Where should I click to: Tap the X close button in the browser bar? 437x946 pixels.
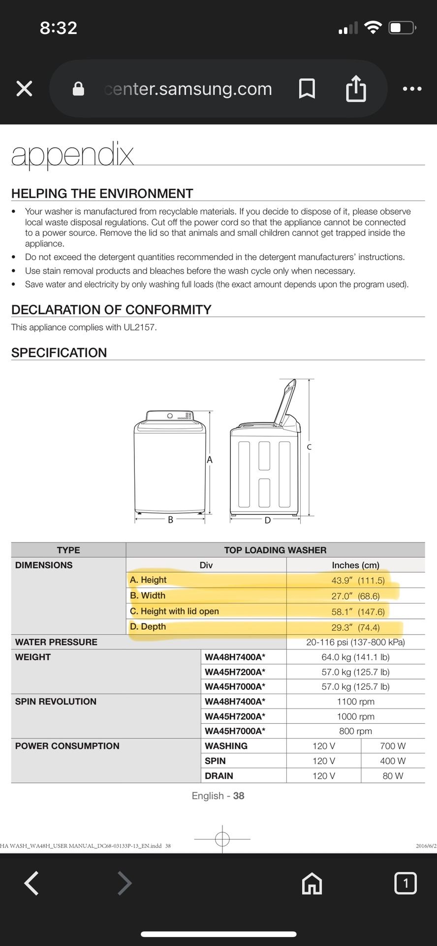24,89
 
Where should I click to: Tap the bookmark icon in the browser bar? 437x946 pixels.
307,89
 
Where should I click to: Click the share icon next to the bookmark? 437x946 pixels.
356,89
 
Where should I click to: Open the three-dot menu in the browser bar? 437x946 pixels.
412,89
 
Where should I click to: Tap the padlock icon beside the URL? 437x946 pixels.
78,89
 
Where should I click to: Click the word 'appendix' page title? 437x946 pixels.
72,155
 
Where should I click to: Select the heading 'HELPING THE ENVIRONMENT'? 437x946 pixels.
102,193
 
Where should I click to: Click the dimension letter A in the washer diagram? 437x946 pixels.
210,460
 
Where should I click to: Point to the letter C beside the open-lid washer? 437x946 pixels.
309,447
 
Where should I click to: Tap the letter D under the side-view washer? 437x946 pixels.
268,520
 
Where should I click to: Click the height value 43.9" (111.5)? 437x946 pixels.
358,580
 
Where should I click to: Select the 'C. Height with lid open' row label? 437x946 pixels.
174,611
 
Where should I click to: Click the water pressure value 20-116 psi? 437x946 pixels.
355,642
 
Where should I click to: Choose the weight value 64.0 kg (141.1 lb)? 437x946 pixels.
355,657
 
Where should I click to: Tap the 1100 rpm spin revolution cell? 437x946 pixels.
355,701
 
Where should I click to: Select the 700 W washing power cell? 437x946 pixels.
393,746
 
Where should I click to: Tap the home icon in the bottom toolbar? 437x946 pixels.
312,883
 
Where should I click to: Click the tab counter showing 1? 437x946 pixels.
405,883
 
